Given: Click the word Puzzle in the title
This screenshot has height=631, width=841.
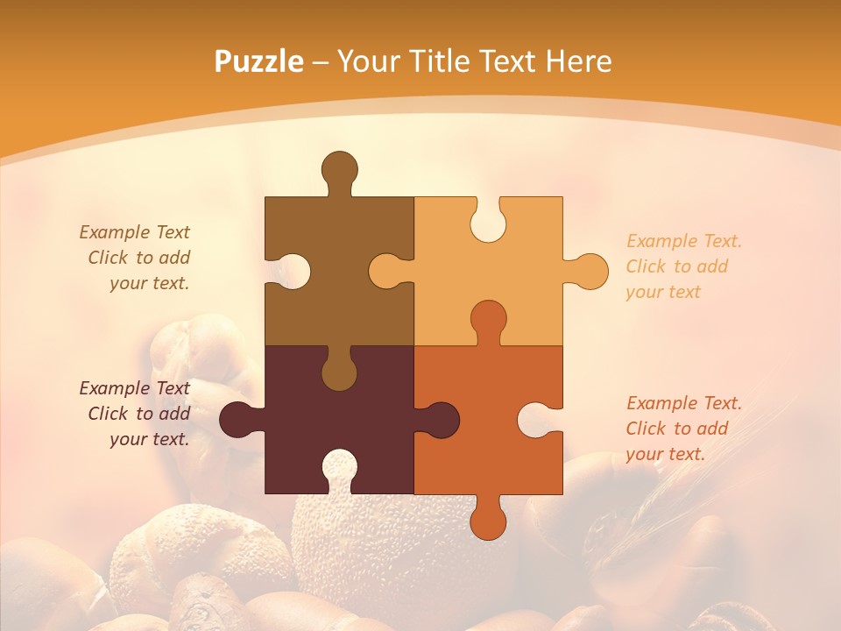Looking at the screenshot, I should [259, 61].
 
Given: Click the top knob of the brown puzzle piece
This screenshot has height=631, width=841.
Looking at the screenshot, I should [339, 170].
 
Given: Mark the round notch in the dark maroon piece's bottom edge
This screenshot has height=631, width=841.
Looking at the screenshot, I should [339, 468].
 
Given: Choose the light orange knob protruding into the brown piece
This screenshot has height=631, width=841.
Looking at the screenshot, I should [387, 271].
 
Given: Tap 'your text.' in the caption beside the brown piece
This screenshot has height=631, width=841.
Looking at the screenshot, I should [149, 283].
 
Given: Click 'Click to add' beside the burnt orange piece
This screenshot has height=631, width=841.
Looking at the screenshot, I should [676, 429].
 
